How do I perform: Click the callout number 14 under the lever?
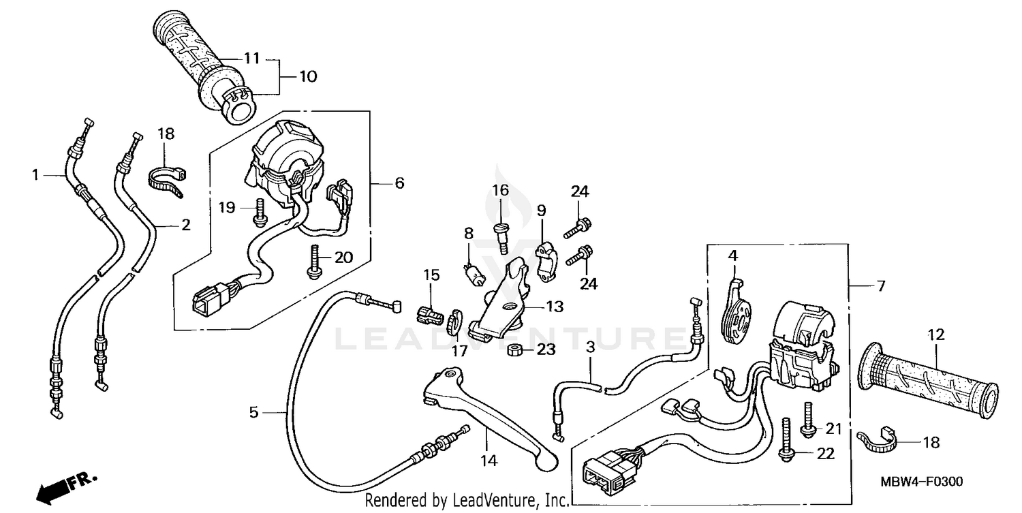point(489,461)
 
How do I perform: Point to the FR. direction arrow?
point(68,484)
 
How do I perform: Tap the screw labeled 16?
point(501,236)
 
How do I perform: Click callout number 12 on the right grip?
point(936,335)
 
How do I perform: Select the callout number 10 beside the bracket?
point(308,76)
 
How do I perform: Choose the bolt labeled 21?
point(808,418)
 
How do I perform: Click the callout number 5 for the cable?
point(253,412)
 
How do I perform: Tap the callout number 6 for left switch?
point(399,183)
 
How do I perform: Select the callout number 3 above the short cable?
point(591,347)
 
